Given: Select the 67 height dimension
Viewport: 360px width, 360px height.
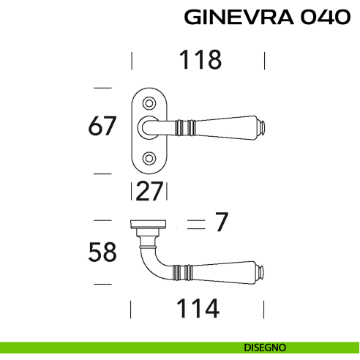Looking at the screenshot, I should tap(102, 127).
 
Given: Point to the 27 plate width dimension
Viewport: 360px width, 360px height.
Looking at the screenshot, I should tap(150, 192).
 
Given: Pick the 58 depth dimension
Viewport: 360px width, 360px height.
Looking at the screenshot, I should tap(102, 252).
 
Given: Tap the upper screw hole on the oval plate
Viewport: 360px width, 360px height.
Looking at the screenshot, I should tap(150, 102).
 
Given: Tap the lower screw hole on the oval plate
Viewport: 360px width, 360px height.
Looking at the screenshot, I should tap(150, 156).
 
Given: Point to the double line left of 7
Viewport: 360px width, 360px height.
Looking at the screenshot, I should tap(194, 223).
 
